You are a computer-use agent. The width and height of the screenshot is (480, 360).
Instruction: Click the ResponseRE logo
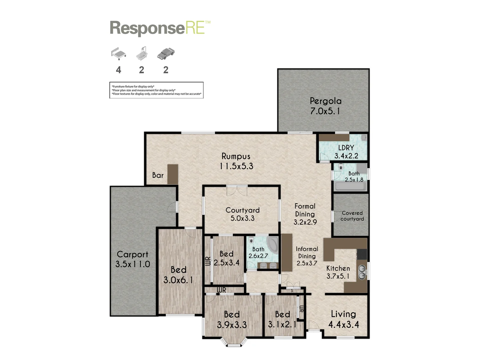(160, 28)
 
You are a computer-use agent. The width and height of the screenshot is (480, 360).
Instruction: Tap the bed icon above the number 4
(118, 54)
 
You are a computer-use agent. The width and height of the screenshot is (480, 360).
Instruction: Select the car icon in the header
(166, 54)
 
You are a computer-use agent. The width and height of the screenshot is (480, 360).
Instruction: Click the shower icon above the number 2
(142, 54)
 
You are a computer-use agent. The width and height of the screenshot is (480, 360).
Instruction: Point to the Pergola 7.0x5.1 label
(325, 106)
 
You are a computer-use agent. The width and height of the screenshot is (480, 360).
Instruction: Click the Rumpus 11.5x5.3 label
(236, 161)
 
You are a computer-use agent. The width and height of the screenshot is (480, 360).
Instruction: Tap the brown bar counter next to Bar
(172, 174)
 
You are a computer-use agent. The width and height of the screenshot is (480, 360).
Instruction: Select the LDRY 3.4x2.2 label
(346, 152)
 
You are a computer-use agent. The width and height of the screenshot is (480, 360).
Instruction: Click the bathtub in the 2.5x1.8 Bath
(350, 186)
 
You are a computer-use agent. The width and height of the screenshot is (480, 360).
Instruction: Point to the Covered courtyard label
(352, 216)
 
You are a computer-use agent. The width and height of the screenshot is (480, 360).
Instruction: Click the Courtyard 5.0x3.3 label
(242, 214)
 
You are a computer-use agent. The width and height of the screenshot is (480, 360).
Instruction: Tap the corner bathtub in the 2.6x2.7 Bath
(273, 245)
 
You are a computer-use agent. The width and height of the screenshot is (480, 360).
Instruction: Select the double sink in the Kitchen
(362, 272)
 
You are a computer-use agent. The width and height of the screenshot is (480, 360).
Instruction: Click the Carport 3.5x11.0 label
(133, 259)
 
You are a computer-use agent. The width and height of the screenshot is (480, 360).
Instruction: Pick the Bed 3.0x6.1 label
(178, 275)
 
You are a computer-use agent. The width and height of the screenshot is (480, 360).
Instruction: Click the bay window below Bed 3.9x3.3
(234, 343)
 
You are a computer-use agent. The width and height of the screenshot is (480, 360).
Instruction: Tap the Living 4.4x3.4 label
(343, 319)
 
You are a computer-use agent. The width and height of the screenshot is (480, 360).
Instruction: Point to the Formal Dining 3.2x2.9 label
(305, 214)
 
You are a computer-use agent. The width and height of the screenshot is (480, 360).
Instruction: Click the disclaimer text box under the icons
(156, 90)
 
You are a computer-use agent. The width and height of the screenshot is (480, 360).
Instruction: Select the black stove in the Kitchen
(362, 254)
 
